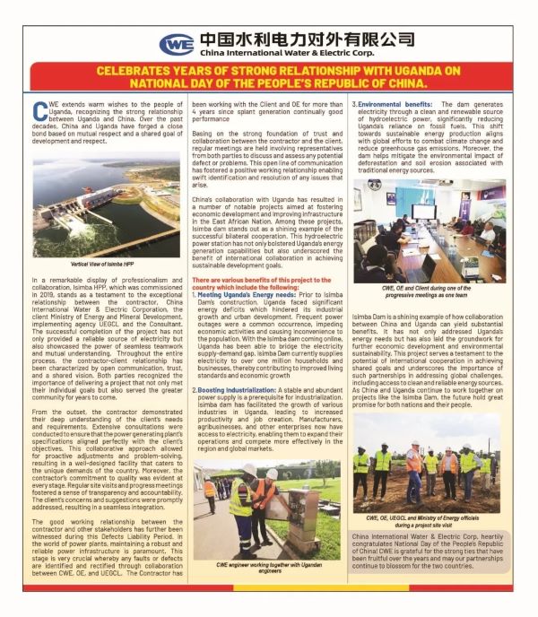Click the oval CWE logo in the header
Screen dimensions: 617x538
click(177, 44)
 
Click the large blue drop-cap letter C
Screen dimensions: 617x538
click(39, 110)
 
